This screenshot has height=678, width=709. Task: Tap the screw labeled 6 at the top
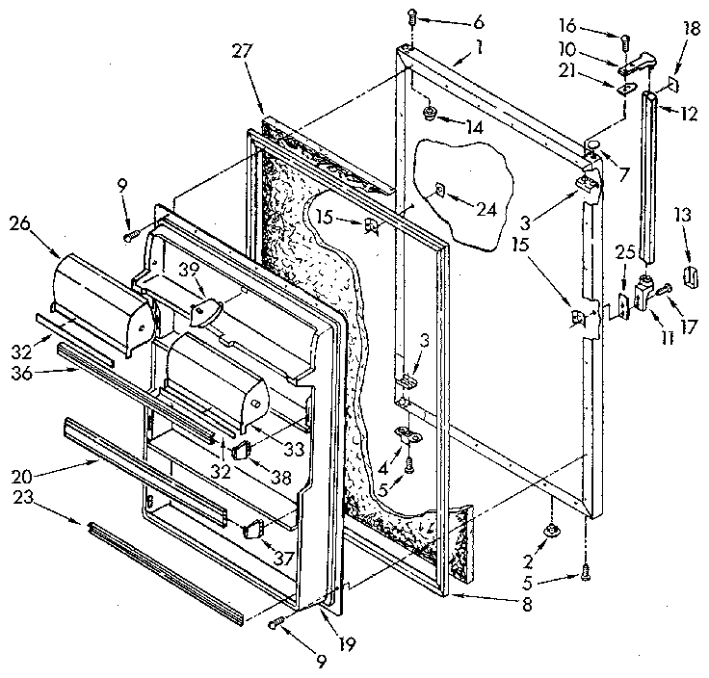(411, 17)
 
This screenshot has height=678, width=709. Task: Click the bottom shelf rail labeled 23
(164, 572)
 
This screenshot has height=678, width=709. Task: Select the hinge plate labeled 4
(408, 435)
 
